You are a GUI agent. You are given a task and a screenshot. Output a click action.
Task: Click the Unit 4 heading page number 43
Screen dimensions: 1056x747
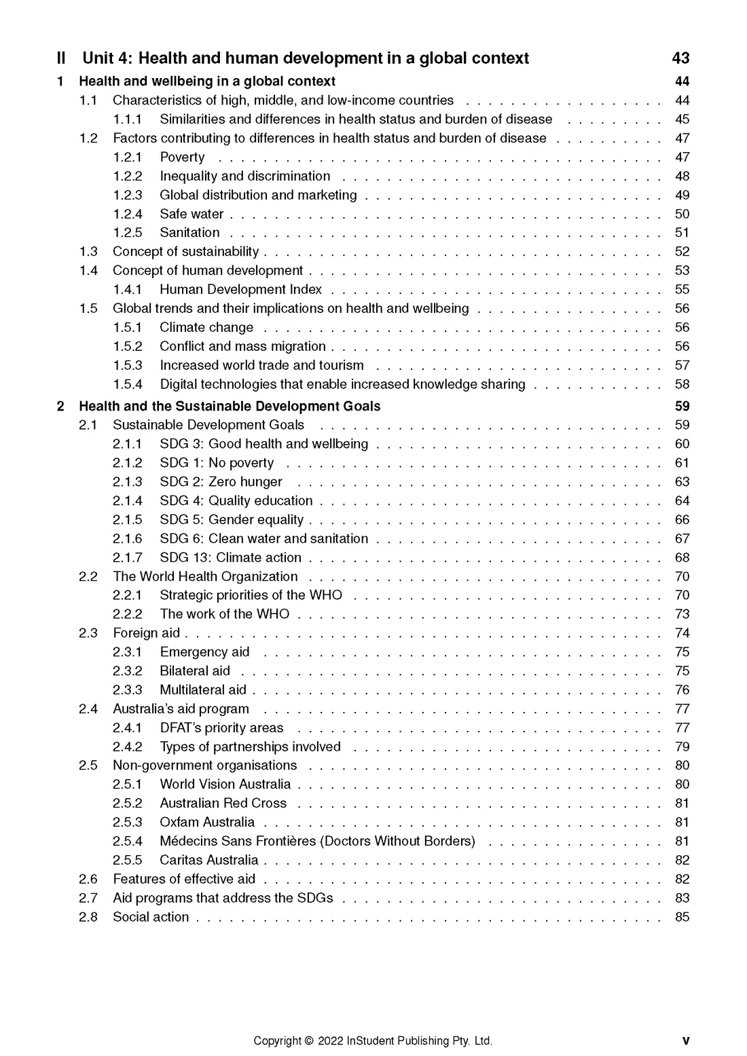tap(680, 58)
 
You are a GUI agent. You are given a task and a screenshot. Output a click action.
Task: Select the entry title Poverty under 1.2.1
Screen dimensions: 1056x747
tap(182, 157)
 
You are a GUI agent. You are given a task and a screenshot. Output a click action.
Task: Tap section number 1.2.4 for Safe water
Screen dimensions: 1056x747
tap(128, 214)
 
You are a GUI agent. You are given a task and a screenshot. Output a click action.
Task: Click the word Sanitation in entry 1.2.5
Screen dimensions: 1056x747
tap(189, 233)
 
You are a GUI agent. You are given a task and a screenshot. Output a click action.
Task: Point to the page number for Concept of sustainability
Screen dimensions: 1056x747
tap(682, 252)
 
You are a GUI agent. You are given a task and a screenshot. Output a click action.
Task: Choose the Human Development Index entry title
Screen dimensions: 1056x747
tap(240, 290)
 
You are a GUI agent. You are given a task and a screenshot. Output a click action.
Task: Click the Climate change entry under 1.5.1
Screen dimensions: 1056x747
tap(206, 328)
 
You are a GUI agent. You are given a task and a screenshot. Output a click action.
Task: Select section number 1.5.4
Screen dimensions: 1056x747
tap(128, 385)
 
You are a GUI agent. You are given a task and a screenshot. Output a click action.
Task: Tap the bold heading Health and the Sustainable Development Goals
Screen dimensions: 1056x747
tap(230, 407)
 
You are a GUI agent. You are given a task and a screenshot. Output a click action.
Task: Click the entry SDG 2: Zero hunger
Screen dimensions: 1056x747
tap(221, 482)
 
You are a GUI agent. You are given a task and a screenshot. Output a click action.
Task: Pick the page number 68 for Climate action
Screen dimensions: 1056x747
tap(682, 558)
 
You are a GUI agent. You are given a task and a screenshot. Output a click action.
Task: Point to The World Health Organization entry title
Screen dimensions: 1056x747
tap(205, 577)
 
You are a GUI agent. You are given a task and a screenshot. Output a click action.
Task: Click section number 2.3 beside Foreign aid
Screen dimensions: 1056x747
tap(88, 633)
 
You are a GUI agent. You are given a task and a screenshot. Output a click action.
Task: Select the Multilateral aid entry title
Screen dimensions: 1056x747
tap(203, 690)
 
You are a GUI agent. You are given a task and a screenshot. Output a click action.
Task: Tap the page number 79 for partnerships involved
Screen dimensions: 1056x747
tap(682, 747)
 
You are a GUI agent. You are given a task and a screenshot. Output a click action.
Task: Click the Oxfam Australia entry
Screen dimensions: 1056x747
tap(207, 823)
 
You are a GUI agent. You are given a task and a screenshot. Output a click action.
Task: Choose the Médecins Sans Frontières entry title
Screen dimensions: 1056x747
tap(317, 842)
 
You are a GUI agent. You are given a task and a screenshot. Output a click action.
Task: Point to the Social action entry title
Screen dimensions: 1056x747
tap(151, 918)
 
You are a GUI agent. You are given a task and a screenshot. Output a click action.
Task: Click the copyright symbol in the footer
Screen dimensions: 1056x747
tap(309, 1041)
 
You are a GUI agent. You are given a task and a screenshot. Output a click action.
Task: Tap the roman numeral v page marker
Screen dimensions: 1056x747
tap(685, 1041)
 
